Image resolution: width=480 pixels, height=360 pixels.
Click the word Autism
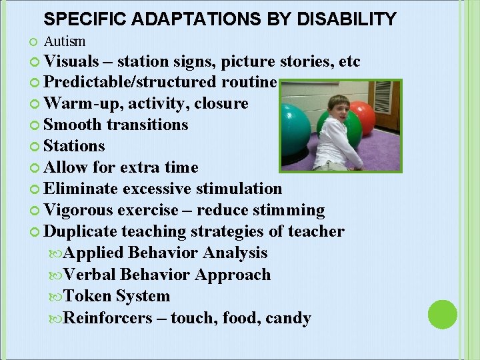pos(65,41)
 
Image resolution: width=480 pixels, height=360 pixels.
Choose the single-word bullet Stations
pos(74,145)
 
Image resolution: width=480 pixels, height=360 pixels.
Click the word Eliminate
pos(83,189)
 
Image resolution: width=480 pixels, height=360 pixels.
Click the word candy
pos(288,318)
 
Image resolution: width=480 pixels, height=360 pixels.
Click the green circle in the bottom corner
pos(441,315)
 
